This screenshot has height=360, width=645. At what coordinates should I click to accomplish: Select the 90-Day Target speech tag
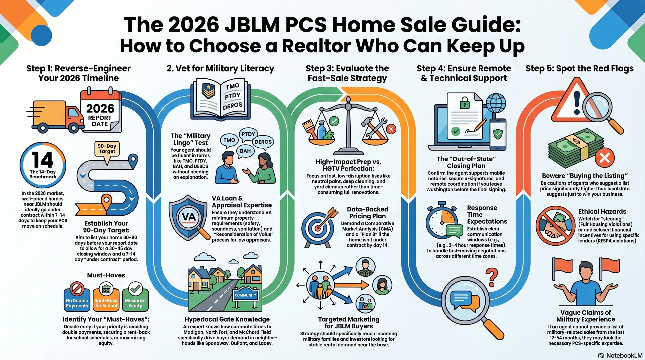coord(107,149)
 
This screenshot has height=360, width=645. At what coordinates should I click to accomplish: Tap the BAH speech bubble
coord(245,151)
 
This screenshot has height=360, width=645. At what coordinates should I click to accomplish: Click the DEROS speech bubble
coord(263,142)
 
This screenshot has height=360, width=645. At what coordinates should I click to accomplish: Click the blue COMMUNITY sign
coord(245,295)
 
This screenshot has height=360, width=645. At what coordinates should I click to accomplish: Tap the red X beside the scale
coord(391,129)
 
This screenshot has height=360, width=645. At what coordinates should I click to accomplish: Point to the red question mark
coord(491,277)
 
